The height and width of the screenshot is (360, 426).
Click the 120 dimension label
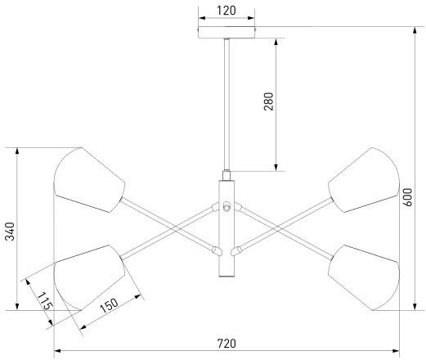tap(226, 11)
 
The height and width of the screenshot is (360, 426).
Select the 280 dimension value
tap(268, 101)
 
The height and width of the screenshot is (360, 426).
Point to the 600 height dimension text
tap(408, 197)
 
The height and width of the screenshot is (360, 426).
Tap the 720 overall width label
tap(226, 344)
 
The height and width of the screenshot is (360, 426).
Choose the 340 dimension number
tap(10, 232)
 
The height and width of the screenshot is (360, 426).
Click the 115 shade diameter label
tap(45, 301)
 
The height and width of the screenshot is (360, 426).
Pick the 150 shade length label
tap(109, 305)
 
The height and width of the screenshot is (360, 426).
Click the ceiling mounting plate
tap(226, 33)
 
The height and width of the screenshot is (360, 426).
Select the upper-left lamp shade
tap(89, 180)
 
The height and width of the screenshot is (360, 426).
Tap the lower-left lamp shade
tap(89, 277)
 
